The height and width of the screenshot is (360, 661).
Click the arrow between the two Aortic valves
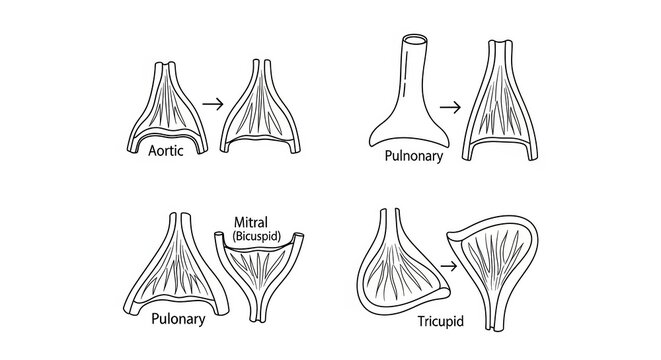[x=211, y=101]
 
